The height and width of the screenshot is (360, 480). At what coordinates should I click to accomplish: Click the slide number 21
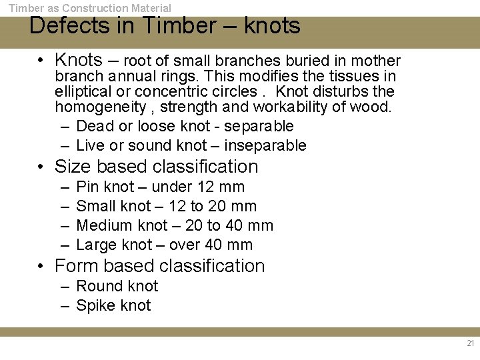click(x=471, y=344)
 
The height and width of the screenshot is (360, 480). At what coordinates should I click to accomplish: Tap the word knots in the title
click(x=272, y=26)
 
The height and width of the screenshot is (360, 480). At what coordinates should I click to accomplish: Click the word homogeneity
click(x=100, y=107)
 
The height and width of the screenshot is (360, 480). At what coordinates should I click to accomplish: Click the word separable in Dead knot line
click(x=260, y=126)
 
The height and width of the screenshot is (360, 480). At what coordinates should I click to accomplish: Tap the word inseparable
click(x=265, y=145)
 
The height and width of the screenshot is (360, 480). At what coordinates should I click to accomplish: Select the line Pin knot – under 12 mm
click(x=160, y=187)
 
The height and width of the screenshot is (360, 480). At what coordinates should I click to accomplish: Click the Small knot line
click(x=166, y=206)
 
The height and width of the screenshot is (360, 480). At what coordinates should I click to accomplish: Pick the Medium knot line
click(x=175, y=225)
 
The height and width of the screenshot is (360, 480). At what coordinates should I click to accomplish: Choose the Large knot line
click(x=164, y=245)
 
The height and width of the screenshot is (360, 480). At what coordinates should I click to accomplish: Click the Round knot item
click(x=117, y=286)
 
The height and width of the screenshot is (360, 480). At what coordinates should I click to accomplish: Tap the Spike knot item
click(x=113, y=305)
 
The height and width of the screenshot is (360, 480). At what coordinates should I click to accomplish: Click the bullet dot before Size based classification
click(x=41, y=167)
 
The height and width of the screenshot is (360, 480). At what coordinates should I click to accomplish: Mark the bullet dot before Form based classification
click(x=41, y=267)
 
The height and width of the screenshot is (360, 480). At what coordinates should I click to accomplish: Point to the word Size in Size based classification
click(x=72, y=167)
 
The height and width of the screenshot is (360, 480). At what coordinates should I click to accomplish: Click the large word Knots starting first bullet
click(x=79, y=60)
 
